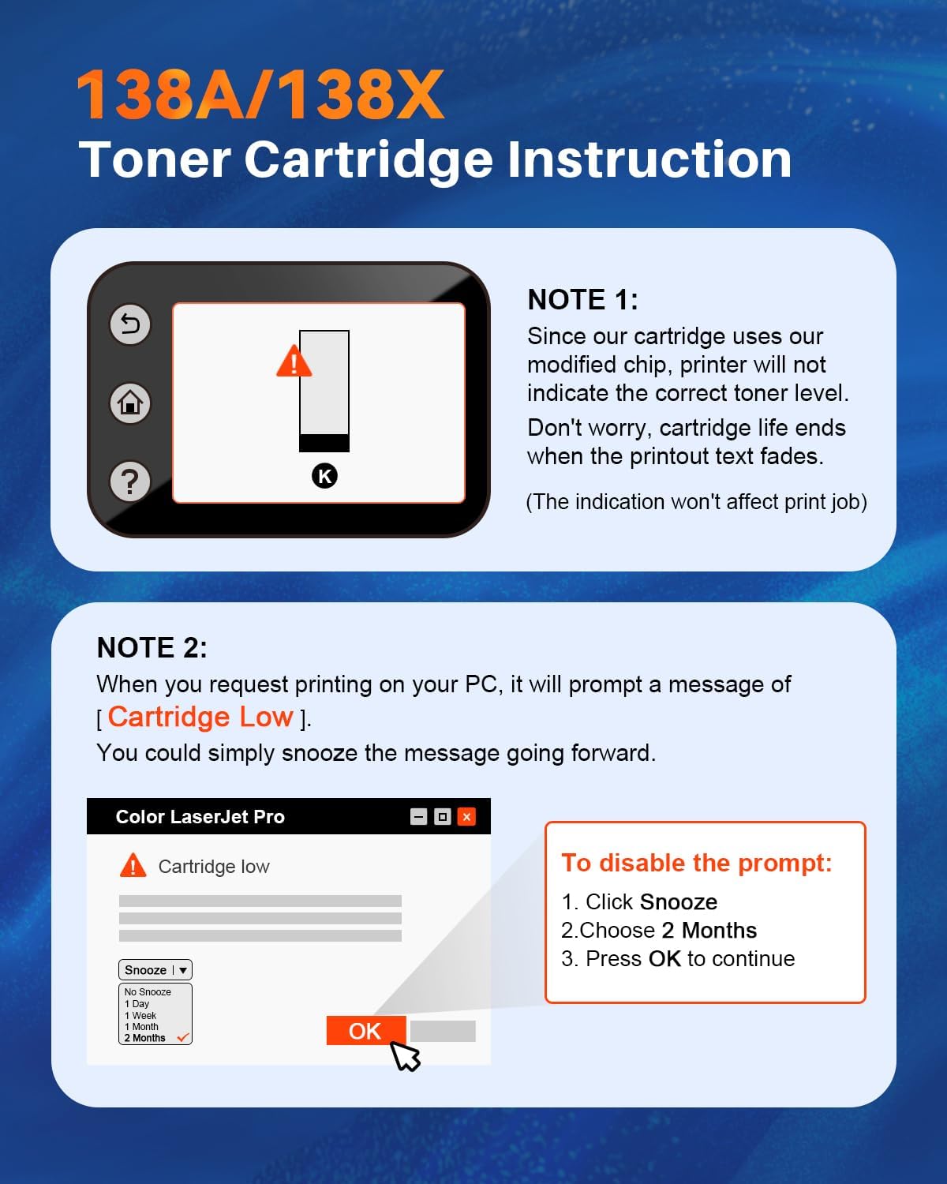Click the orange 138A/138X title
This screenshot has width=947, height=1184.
260,96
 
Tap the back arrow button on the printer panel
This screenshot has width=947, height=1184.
130,324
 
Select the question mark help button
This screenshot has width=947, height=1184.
130,481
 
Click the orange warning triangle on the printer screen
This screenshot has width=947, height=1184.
294,362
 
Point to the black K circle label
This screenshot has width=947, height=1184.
324,476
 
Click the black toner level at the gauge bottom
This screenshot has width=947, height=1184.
324,443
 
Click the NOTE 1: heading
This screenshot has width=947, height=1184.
582,300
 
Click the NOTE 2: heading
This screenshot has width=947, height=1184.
152,648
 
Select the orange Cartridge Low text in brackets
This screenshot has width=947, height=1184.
200,717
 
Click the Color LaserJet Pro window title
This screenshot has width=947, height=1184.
200,817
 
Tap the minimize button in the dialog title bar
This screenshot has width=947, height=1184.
419,817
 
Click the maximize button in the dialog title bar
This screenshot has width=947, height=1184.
443,817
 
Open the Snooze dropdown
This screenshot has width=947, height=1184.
155,970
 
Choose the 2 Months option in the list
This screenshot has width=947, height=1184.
145,1038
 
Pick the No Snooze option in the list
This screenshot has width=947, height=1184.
148,992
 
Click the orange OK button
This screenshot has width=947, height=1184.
365,1031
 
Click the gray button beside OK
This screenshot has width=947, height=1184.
443,1031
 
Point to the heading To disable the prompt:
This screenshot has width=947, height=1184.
696,863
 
